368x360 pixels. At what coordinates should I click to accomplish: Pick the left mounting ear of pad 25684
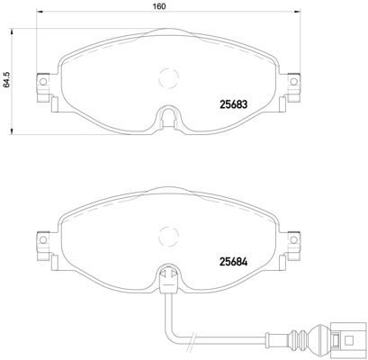(40, 242)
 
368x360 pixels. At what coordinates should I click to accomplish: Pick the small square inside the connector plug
(347, 340)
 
